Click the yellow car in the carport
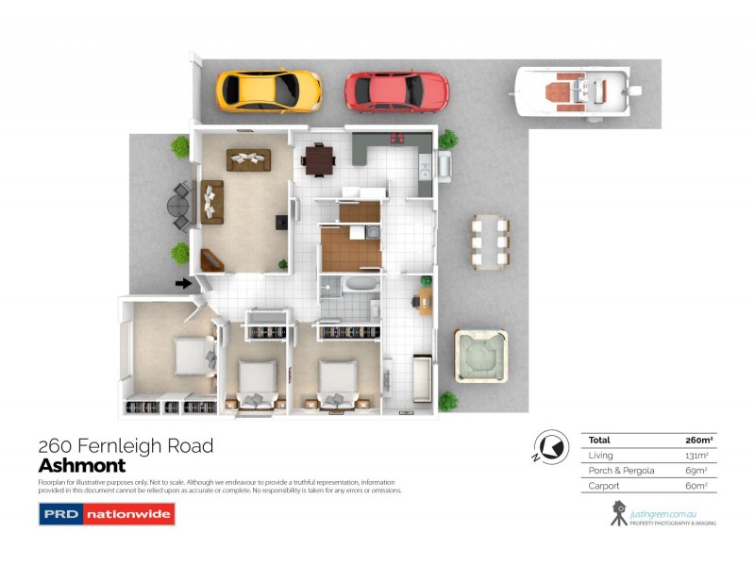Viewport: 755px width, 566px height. click(269, 90)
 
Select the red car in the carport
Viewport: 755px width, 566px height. click(396, 92)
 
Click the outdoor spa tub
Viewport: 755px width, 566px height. click(480, 356)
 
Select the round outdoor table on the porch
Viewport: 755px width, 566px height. click(178, 204)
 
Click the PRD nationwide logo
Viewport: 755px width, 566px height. click(107, 514)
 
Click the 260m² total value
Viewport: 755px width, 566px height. click(696, 440)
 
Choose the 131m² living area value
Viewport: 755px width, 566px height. click(696, 455)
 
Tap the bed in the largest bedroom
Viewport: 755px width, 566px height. click(193, 357)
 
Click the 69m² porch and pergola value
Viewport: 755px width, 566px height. click(696, 470)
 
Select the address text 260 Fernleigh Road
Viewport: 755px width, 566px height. click(126, 445)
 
